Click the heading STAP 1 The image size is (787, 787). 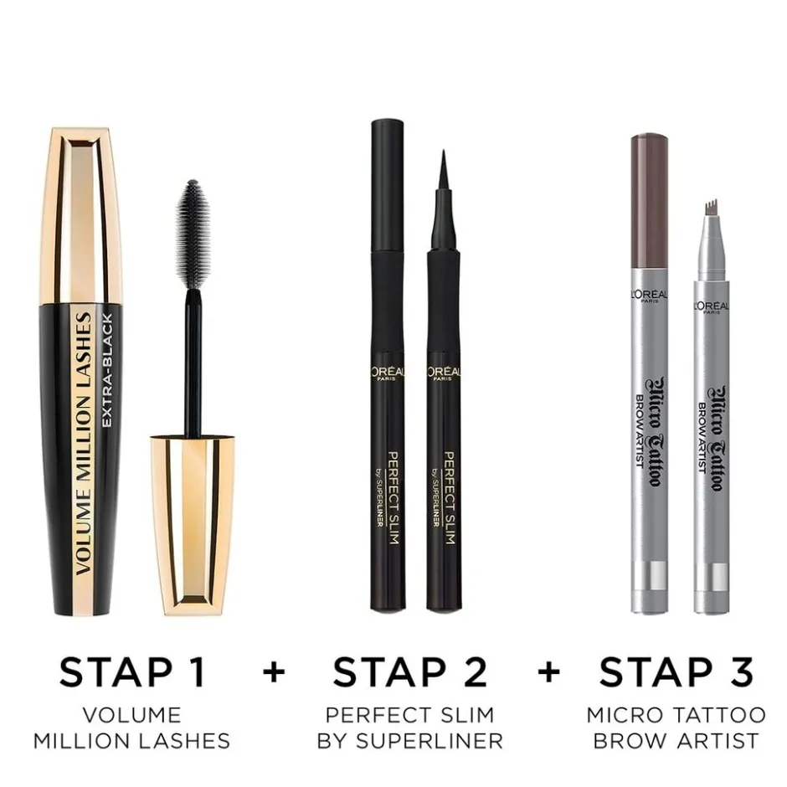coord(132,671)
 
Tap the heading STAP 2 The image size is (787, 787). coord(409,671)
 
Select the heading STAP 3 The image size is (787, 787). coord(676,671)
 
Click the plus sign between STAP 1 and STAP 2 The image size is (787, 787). coord(274,672)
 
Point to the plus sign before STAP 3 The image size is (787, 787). coord(548,672)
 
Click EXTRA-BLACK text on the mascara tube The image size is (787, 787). coord(107,370)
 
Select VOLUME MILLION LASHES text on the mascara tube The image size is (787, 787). coord(84,443)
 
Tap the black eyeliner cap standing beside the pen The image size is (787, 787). coord(388,365)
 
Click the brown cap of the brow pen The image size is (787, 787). coord(649,201)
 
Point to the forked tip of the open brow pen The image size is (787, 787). coord(711,207)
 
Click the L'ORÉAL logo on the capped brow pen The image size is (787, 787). coord(649,295)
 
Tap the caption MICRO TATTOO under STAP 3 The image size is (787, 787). coord(676,715)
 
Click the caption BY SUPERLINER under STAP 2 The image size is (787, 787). coord(410,741)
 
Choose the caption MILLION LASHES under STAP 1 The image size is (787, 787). coord(132,741)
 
